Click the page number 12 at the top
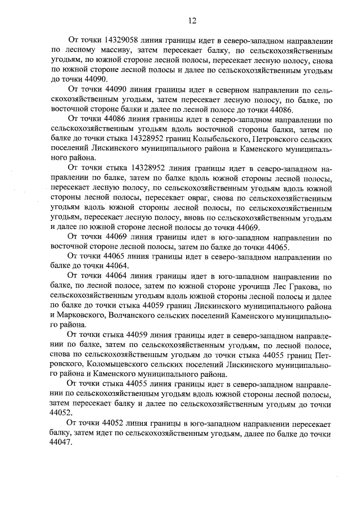tap(192, 21)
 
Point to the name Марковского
tap(83, 316)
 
